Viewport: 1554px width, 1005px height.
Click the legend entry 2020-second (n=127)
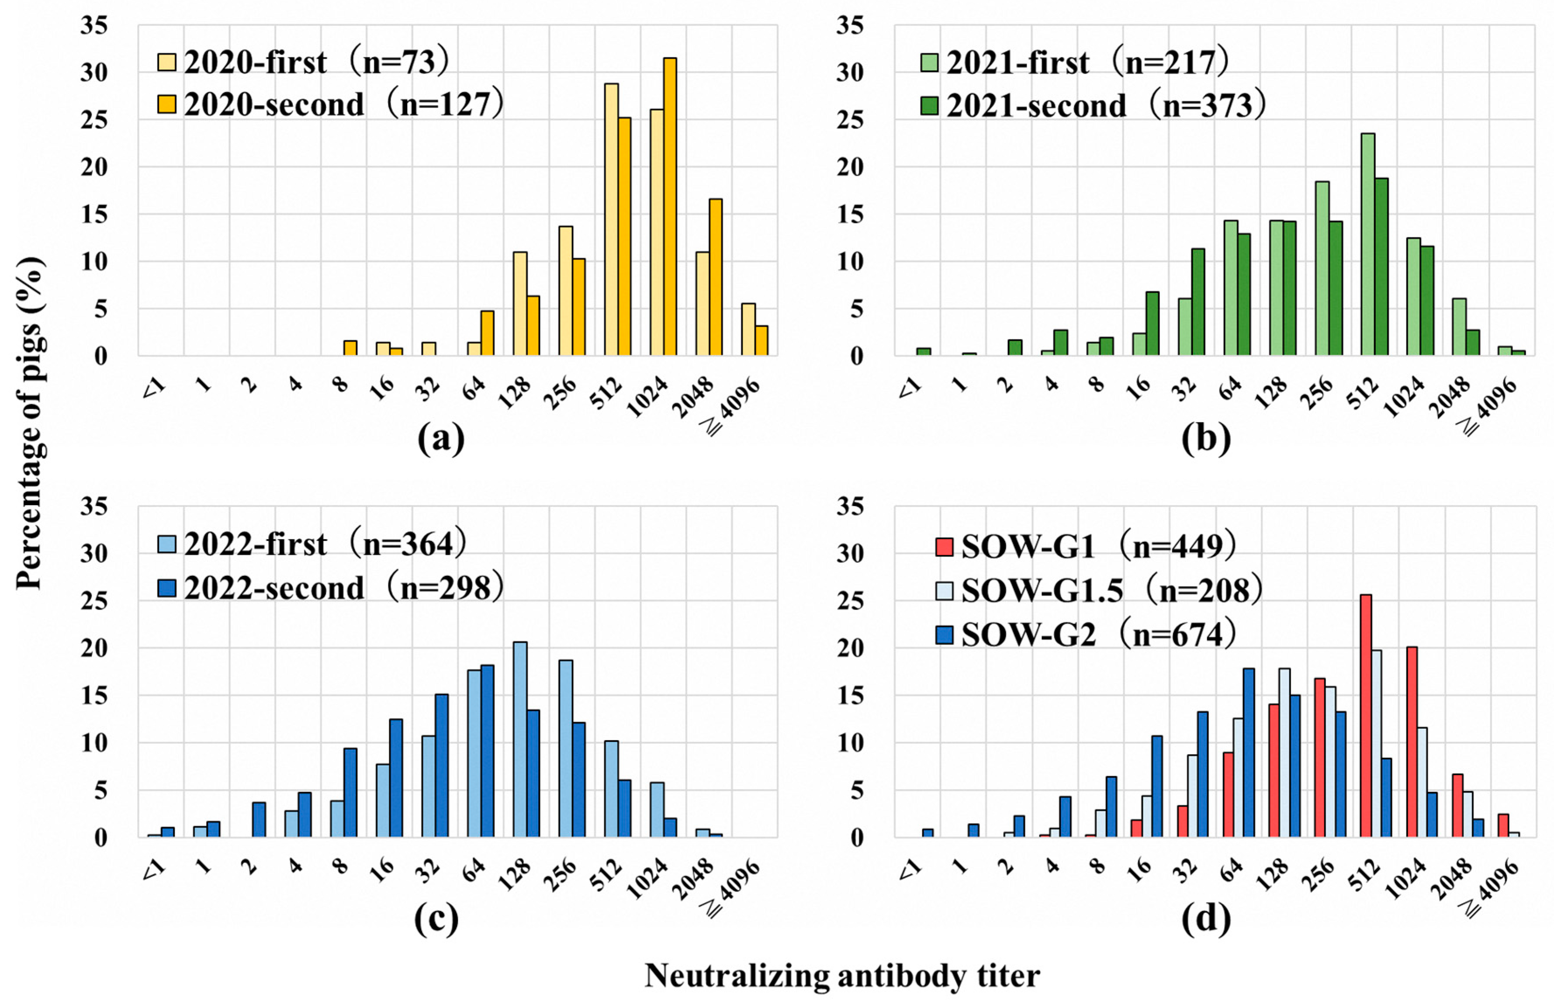pos(332,104)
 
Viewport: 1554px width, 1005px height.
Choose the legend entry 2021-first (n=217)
pos(1075,62)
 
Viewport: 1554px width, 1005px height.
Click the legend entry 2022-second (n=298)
pos(332,587)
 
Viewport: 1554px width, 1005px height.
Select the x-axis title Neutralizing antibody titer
pos(841,976)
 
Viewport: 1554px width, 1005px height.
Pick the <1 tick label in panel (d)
pos(910,868)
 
